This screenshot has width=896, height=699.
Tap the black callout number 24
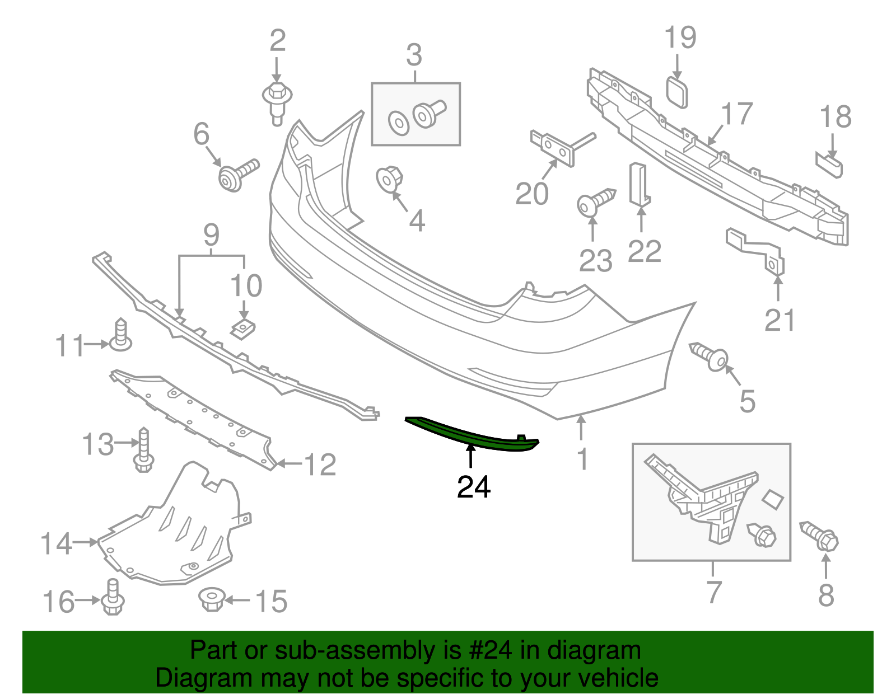[x=474, y=487]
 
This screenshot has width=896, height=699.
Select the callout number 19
[x=680, y=38]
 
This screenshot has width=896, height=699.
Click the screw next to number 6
[x=238, y=174]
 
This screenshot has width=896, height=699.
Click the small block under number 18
[x=829, y=166]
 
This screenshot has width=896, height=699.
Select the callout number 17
[x=736, y=114]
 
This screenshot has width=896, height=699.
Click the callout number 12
[x=320, y=465]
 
